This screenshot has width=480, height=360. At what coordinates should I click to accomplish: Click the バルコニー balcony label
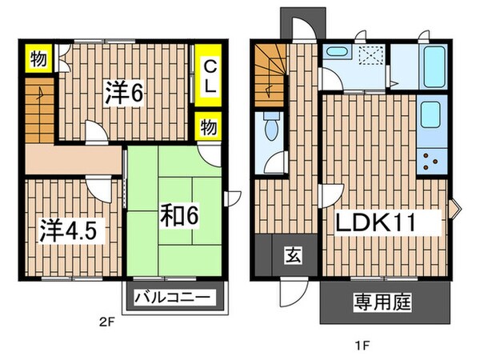(x=175, y=298)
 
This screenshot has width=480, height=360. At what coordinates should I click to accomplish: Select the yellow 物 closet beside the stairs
(x=38, y=58)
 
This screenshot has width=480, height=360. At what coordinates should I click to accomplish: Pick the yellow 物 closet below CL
(x=208, y=126)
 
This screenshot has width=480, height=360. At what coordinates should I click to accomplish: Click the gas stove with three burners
(x=433, y=162)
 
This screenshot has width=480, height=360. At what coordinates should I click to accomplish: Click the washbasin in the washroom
(x=334, y=54)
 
